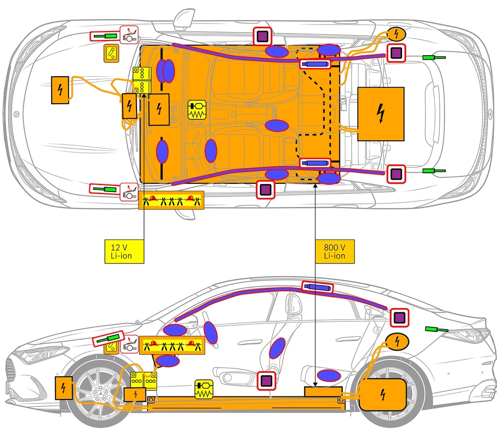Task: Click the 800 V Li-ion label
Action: click(x=335, y=250)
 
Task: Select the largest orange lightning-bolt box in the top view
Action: click(x=381, y=114)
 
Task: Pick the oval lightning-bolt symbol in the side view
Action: click(x=397, y=342)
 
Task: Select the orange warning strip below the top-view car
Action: click(x=171, y=201)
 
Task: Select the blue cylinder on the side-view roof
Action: click(x=317, y=287)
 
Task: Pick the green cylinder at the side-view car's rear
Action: click(x=436, y=329)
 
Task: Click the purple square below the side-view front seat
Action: click(x=266, y=380)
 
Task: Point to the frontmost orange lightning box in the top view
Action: click(x=60, y=90)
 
